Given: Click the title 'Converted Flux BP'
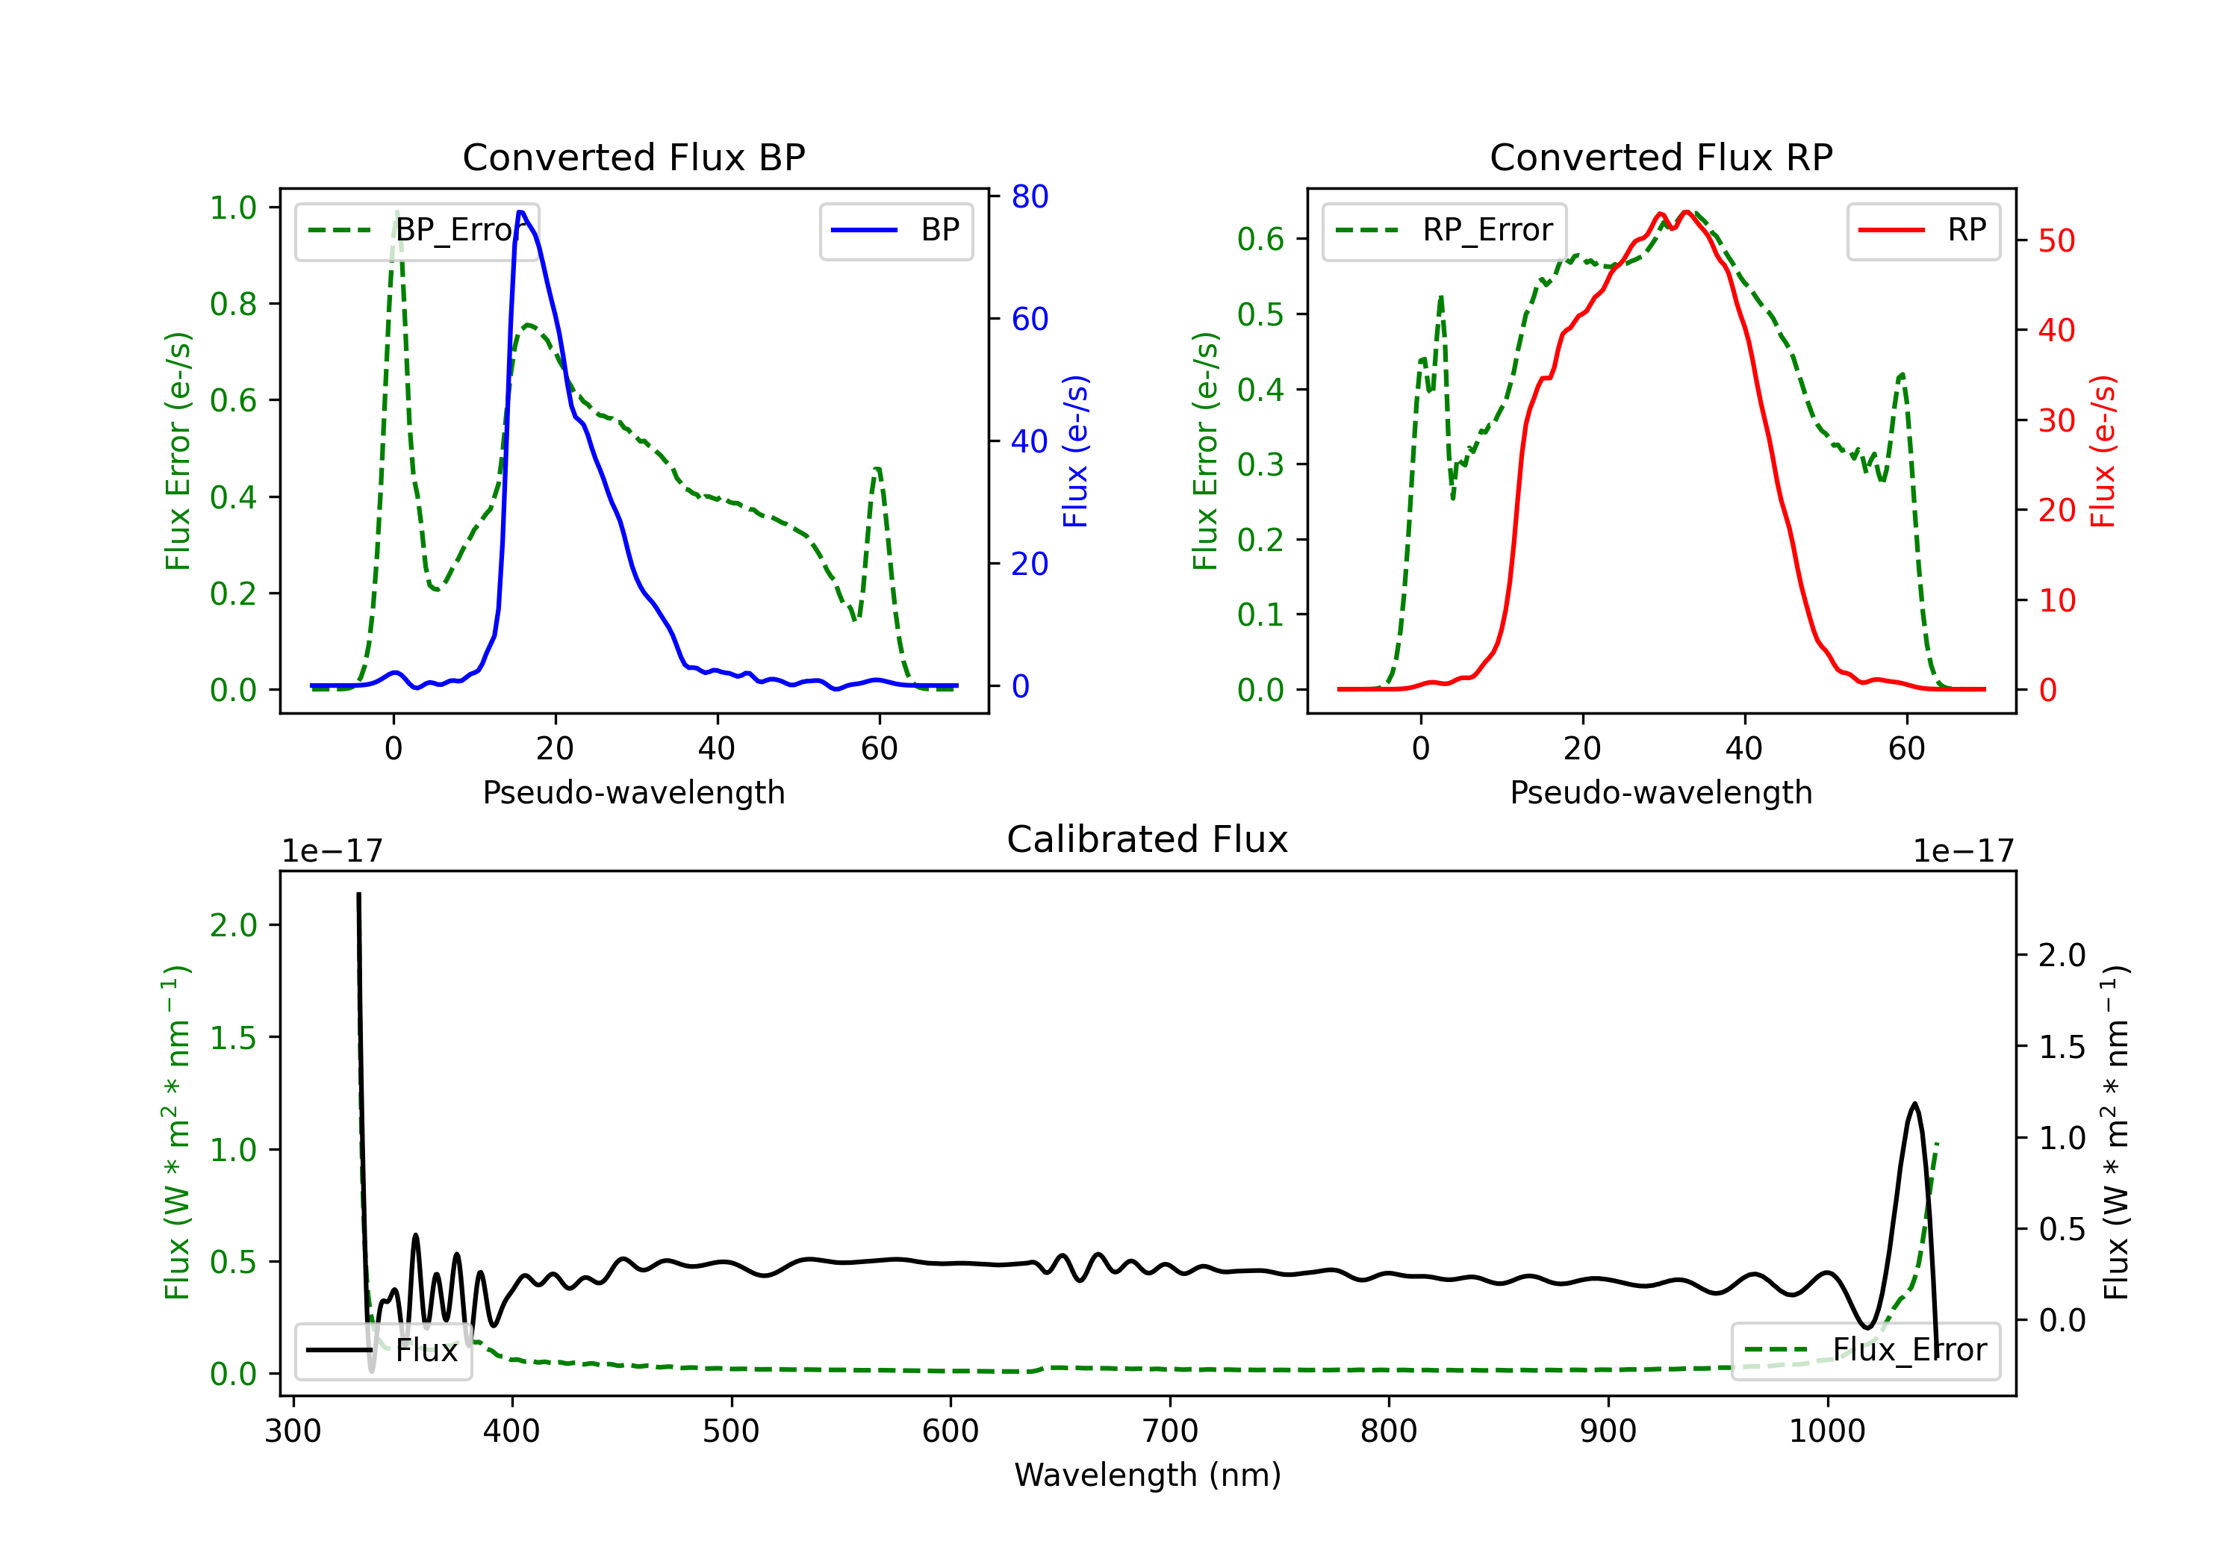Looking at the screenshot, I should tap(633, 157).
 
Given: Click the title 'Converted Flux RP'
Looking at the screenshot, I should tap(1661, 157).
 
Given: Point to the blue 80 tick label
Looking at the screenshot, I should tap(1029, 196).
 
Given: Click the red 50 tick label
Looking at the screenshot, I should tap(2056, 241).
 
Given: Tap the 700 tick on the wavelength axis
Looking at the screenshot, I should tap(1170, 1431).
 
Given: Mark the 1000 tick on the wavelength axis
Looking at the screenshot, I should tap(1826, 1431).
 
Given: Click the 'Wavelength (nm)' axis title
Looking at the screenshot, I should tap(1148, 1475).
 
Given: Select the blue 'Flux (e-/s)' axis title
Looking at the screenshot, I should tap(1075, 452).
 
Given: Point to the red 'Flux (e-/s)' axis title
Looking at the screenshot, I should tap(2103, 452).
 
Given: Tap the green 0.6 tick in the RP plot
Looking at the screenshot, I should tap(1260, 239).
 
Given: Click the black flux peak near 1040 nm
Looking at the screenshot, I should tap(1914, 1104).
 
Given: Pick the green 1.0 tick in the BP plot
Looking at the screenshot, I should tap(233, 208).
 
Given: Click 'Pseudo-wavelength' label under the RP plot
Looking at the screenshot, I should tap(1661, 792).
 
